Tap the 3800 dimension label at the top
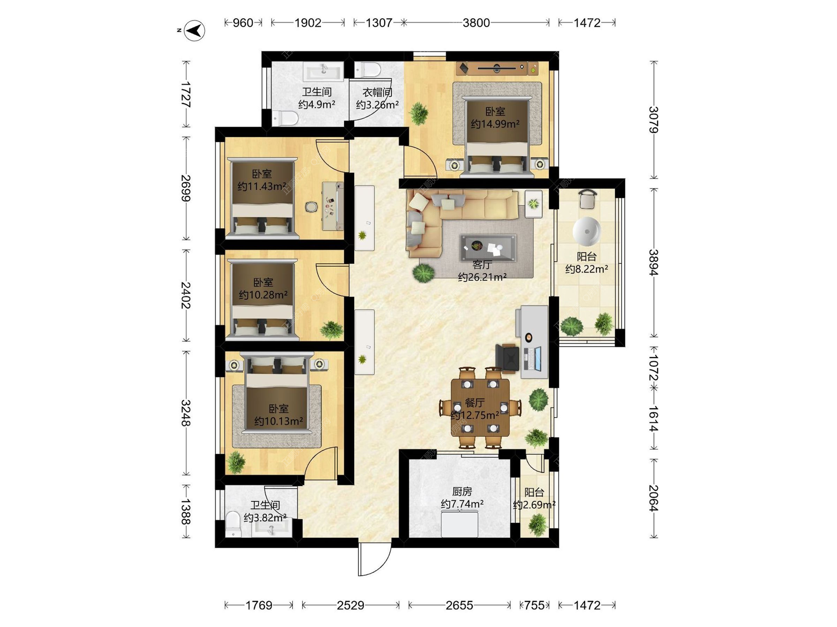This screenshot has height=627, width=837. click(476, 23)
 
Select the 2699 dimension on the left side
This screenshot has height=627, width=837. click(186, 188)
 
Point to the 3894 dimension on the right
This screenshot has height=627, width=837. click(653, 262)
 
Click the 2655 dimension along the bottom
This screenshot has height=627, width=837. click(459, 605)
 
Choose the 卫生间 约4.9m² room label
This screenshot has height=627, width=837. click(317, 98)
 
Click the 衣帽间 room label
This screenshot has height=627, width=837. click(378, 92)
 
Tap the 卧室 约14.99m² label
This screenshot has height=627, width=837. click(495, 118)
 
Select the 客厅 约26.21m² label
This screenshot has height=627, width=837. click(482, 271)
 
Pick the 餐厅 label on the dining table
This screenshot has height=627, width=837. click(475, 403)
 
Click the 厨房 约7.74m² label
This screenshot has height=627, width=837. click(462, 498)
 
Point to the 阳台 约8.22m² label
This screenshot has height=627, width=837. click(587, 263)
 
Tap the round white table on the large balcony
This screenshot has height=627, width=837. click(586, 231)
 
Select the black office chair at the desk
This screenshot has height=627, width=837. click(507, 358)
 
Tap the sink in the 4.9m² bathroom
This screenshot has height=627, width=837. click(323, 71)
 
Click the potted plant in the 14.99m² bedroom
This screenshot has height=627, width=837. click(418, 113)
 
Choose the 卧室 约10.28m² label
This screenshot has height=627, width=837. click(263, 289)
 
